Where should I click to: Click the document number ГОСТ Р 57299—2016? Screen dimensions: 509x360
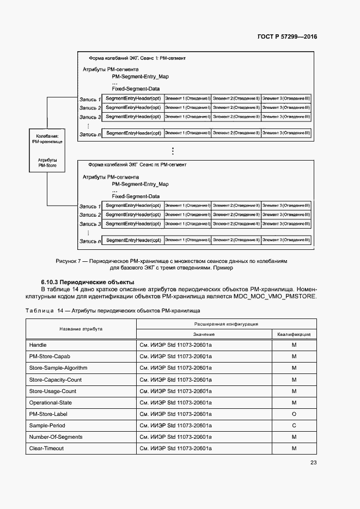(x=287, y=37)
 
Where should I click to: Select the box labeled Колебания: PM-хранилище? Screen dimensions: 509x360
(x=47, y=150)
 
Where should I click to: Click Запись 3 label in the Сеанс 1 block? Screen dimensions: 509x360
(x=90, y=117)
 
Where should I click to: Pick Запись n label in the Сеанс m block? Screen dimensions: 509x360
(x=90, y=241)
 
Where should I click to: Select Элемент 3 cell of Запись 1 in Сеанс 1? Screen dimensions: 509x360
(x=286, y=98)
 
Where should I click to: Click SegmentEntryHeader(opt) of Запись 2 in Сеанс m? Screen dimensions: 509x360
(x=133, y=214)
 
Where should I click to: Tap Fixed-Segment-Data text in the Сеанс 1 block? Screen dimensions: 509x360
(x=136, y=88)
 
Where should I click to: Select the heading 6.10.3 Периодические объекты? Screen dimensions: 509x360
(x=87, y=282)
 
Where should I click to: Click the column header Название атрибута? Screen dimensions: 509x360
(x=81, y=329)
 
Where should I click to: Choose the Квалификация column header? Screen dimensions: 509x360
(x=294, y=334)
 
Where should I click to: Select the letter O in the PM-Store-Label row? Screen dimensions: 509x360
(x=294, y=414)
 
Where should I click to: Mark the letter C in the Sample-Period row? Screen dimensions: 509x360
(x=294, y=425)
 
